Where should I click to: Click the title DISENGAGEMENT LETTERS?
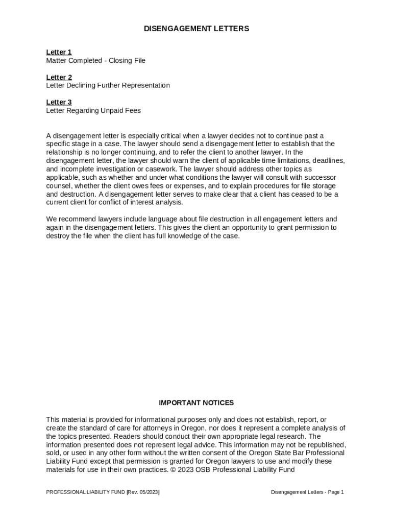pyautogui.click(x=196, y=29)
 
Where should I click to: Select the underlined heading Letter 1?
pyautogui.click(x=59, y=52)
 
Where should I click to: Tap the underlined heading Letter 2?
pyautogui.click(x=59, y=77)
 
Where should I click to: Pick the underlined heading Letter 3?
pyautogui.click(x=59, y=102)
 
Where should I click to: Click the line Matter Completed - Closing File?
pyautogui.click(x=95, y=61)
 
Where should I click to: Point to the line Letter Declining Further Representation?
pyautogui.click(x=108, y=85)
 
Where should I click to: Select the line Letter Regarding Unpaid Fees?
pyautogui.click(x=93, y=110)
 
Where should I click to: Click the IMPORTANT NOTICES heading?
pyautogui.click(x=196, y=403)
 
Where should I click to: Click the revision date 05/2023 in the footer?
pyautogui.click(x=149, y=492)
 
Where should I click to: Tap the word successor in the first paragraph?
pyautogui.click(x=321, y=178)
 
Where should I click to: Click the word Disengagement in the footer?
pyautogui.click(x=289, y=492)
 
